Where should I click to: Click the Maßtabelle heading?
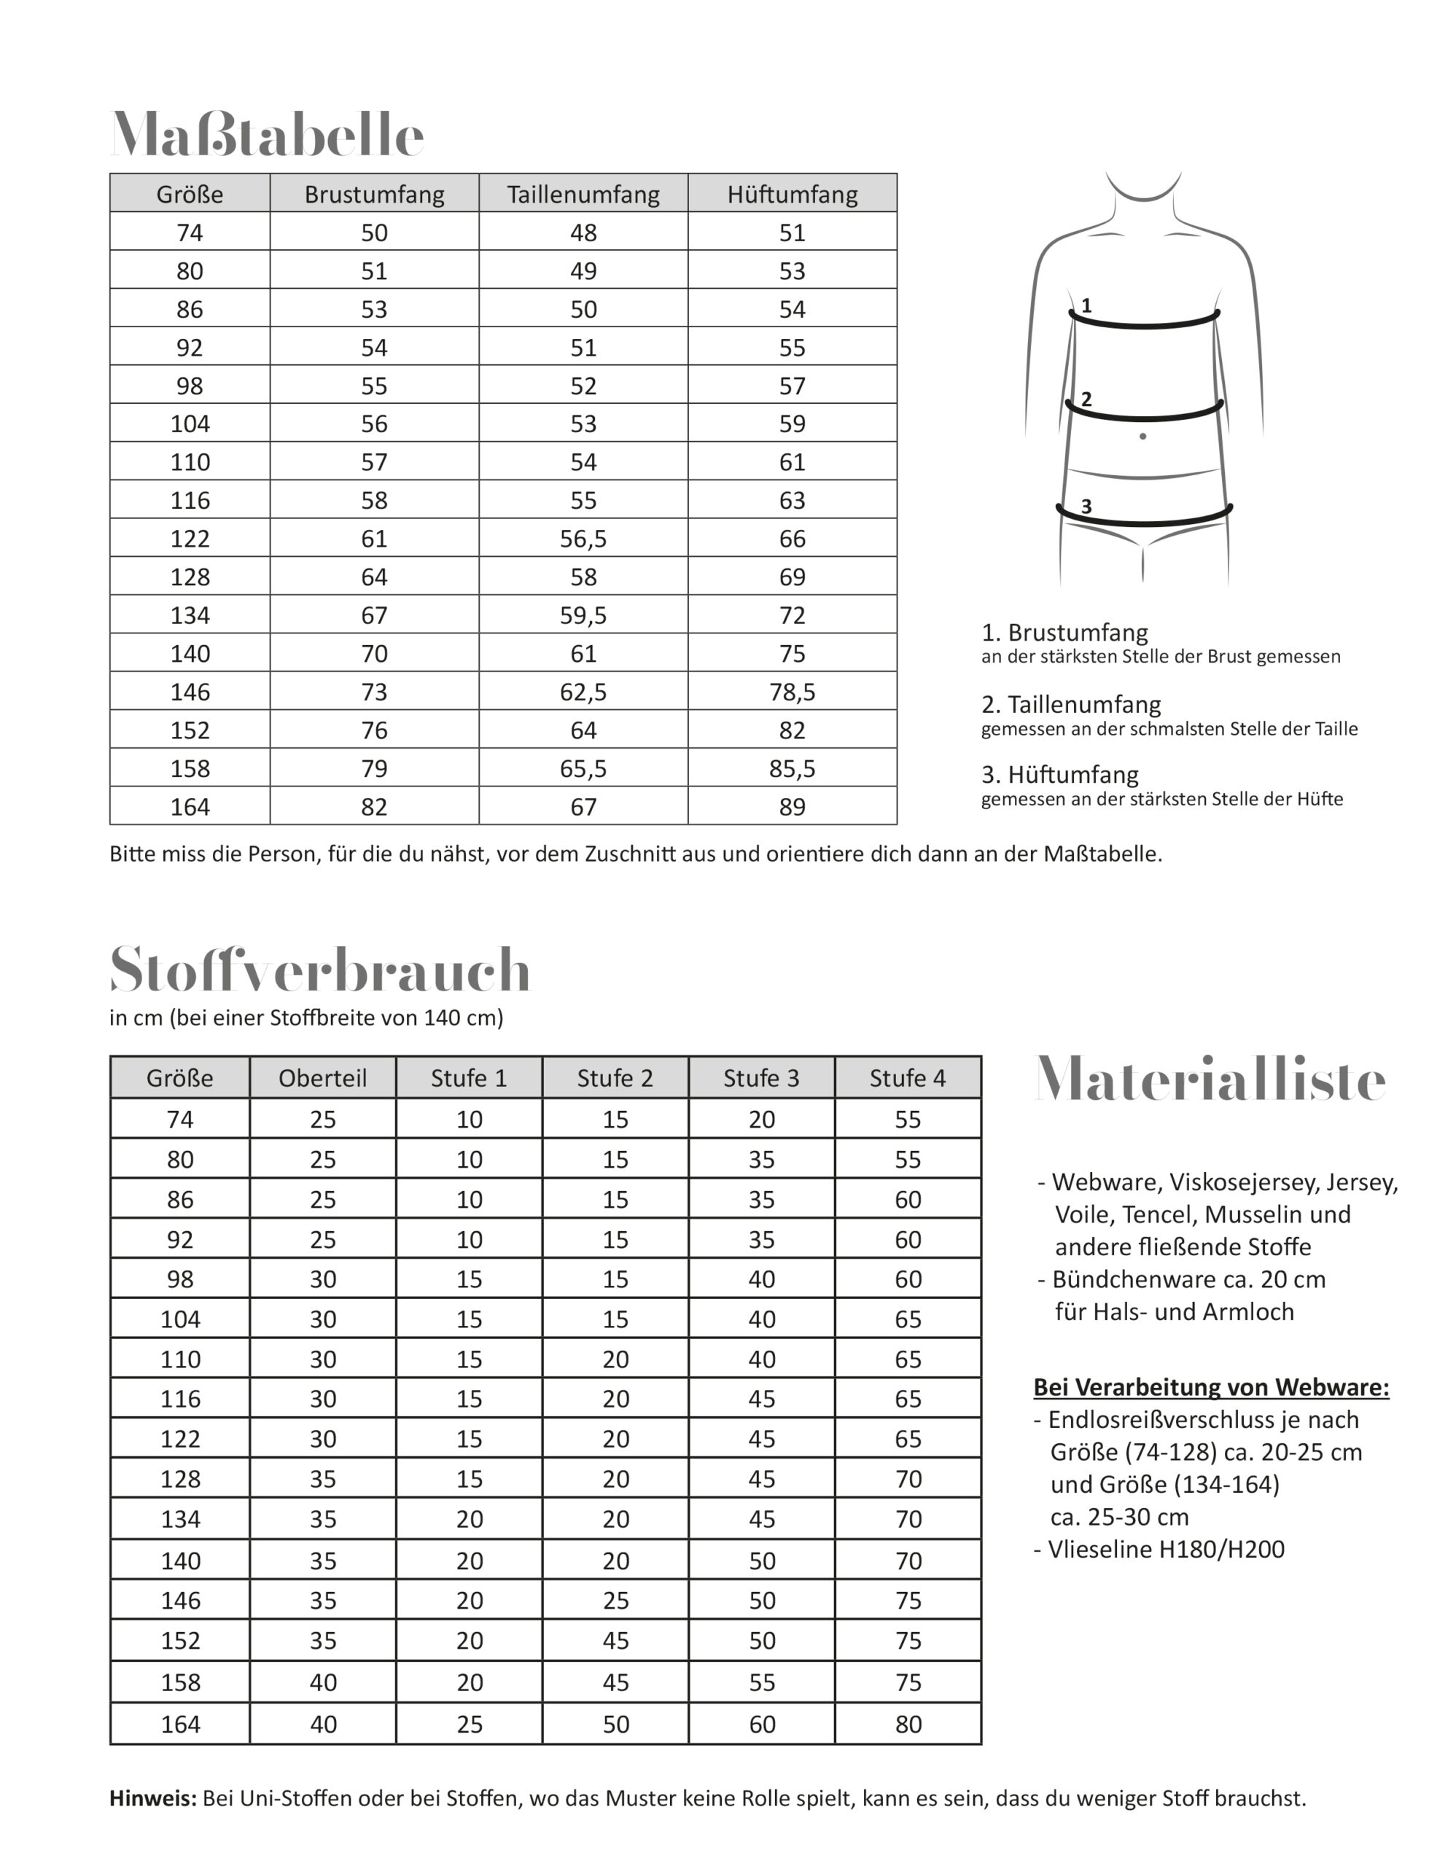(x=266, y=134)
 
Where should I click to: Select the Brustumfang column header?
(x=374, y=194)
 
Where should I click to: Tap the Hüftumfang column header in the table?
(x=792, y=194)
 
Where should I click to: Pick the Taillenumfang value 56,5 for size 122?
(x=583, y=539)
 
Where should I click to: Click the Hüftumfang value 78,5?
(x=792, y=692)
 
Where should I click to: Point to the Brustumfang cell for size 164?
(x=374, y=806)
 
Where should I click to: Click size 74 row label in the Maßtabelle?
(x=190, y=233)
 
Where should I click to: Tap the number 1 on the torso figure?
(x=1086, y=305)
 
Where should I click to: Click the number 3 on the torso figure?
(x=1086, y=507)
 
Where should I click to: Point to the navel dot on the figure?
(x=1142, y=437)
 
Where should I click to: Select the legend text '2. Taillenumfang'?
(x=1071, y=704)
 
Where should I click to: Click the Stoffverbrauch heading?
(x=320, y=969)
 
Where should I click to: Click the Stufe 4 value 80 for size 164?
(x=908, y=1723)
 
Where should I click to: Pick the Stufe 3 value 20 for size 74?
(x=761, y=1120)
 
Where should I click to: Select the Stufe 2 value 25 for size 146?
(x=615, y=1600)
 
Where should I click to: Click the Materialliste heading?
(x=1210, y=1080)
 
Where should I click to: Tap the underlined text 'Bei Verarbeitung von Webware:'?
(x=1211, y=1386)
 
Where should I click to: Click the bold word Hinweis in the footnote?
(x=152, y=1798)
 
